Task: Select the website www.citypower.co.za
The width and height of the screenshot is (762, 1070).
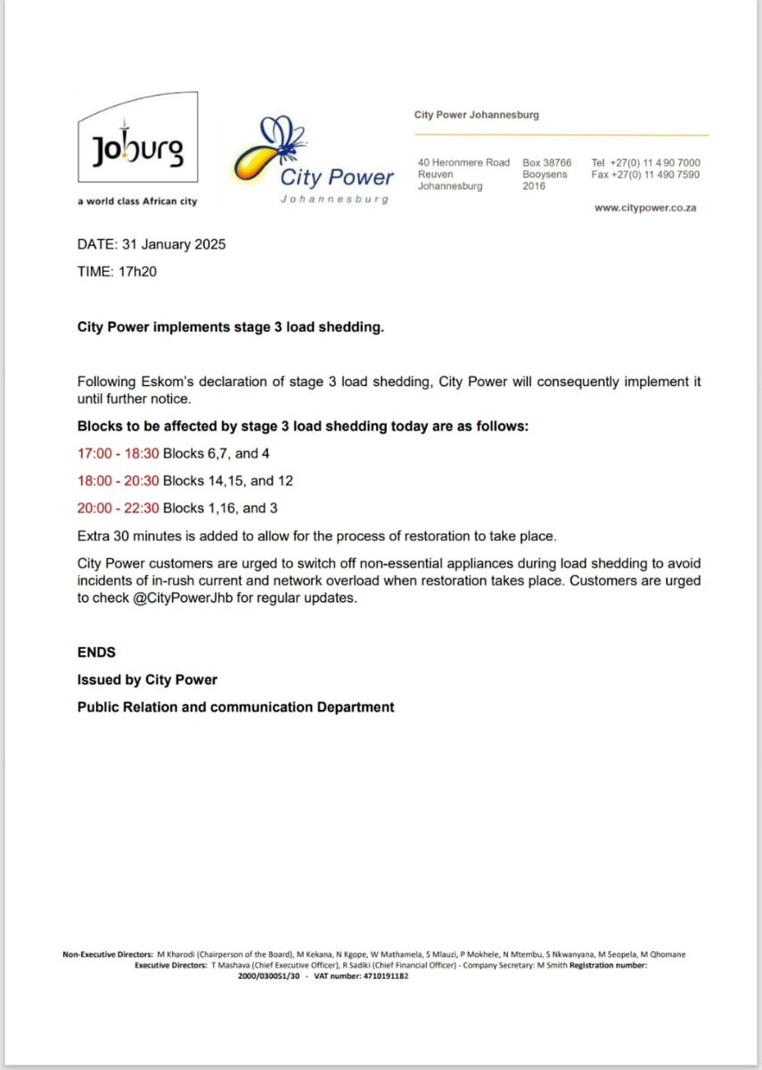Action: pos(646,208)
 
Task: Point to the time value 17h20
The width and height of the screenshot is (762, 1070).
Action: pos(138,271)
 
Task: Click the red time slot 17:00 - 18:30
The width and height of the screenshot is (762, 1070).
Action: pos(118,453)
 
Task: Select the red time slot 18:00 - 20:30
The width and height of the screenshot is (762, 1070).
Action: pos(118,481)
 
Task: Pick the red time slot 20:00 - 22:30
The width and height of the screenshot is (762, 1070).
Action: pos(118,508)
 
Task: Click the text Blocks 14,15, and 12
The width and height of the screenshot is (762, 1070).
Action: pos(228,481)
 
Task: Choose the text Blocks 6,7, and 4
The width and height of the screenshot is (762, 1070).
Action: pos(217,453)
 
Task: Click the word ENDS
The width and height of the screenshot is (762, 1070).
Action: pos(96,653)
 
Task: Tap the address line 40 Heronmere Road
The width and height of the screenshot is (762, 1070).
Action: pos(463,162)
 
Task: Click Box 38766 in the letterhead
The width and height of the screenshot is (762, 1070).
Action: pos(546,162)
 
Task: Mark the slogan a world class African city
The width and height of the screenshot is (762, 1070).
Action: pos(137,202)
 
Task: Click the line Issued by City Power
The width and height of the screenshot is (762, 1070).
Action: pos(147,679)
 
